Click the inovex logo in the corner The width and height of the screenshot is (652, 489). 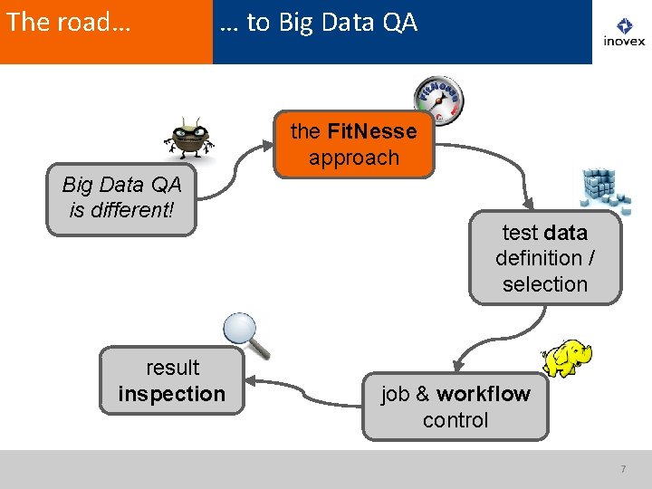(624, 33)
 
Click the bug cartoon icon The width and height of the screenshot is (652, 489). (190, 139)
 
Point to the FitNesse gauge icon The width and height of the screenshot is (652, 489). (438, 100)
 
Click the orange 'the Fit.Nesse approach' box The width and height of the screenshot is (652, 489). (354, 145)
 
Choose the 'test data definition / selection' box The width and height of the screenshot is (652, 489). (545, 258)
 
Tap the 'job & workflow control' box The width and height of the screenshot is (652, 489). (455, 407)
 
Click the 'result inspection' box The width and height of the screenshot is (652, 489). (172, 380)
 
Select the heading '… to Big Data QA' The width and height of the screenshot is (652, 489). (319, 23)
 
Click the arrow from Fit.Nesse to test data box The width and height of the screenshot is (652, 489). (503, 181)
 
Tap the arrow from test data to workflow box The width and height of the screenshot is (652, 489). (471, 344)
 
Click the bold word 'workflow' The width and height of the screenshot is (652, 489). (484, 394)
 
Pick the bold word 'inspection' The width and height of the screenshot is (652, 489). (172, 394)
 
